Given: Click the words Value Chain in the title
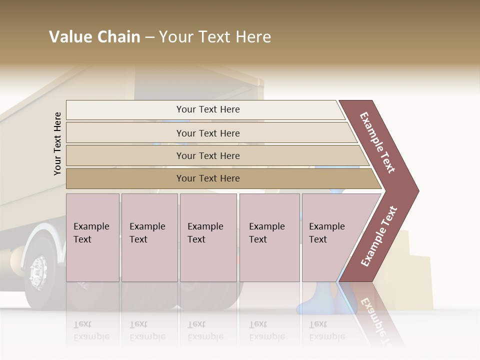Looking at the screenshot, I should point(94,37).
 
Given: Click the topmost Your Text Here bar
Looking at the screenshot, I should point(207,109).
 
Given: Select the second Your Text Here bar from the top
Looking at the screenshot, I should point(207,133).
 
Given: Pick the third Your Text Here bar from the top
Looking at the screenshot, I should point(207,155).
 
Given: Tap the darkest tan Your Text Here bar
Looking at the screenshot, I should point(207,178).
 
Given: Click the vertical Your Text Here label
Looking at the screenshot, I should point(57,143).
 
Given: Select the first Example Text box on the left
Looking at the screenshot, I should point(92,237).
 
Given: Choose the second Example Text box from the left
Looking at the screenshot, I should point(149,237).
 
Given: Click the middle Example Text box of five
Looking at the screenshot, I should point(208,237).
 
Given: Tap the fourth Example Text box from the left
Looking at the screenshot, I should point(269,237).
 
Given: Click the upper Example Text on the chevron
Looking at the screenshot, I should point(378,142).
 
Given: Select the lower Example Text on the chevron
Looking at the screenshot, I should point(379,236).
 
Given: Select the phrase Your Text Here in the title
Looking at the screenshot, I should point(215,37).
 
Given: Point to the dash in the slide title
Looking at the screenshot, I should point(149,37).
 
